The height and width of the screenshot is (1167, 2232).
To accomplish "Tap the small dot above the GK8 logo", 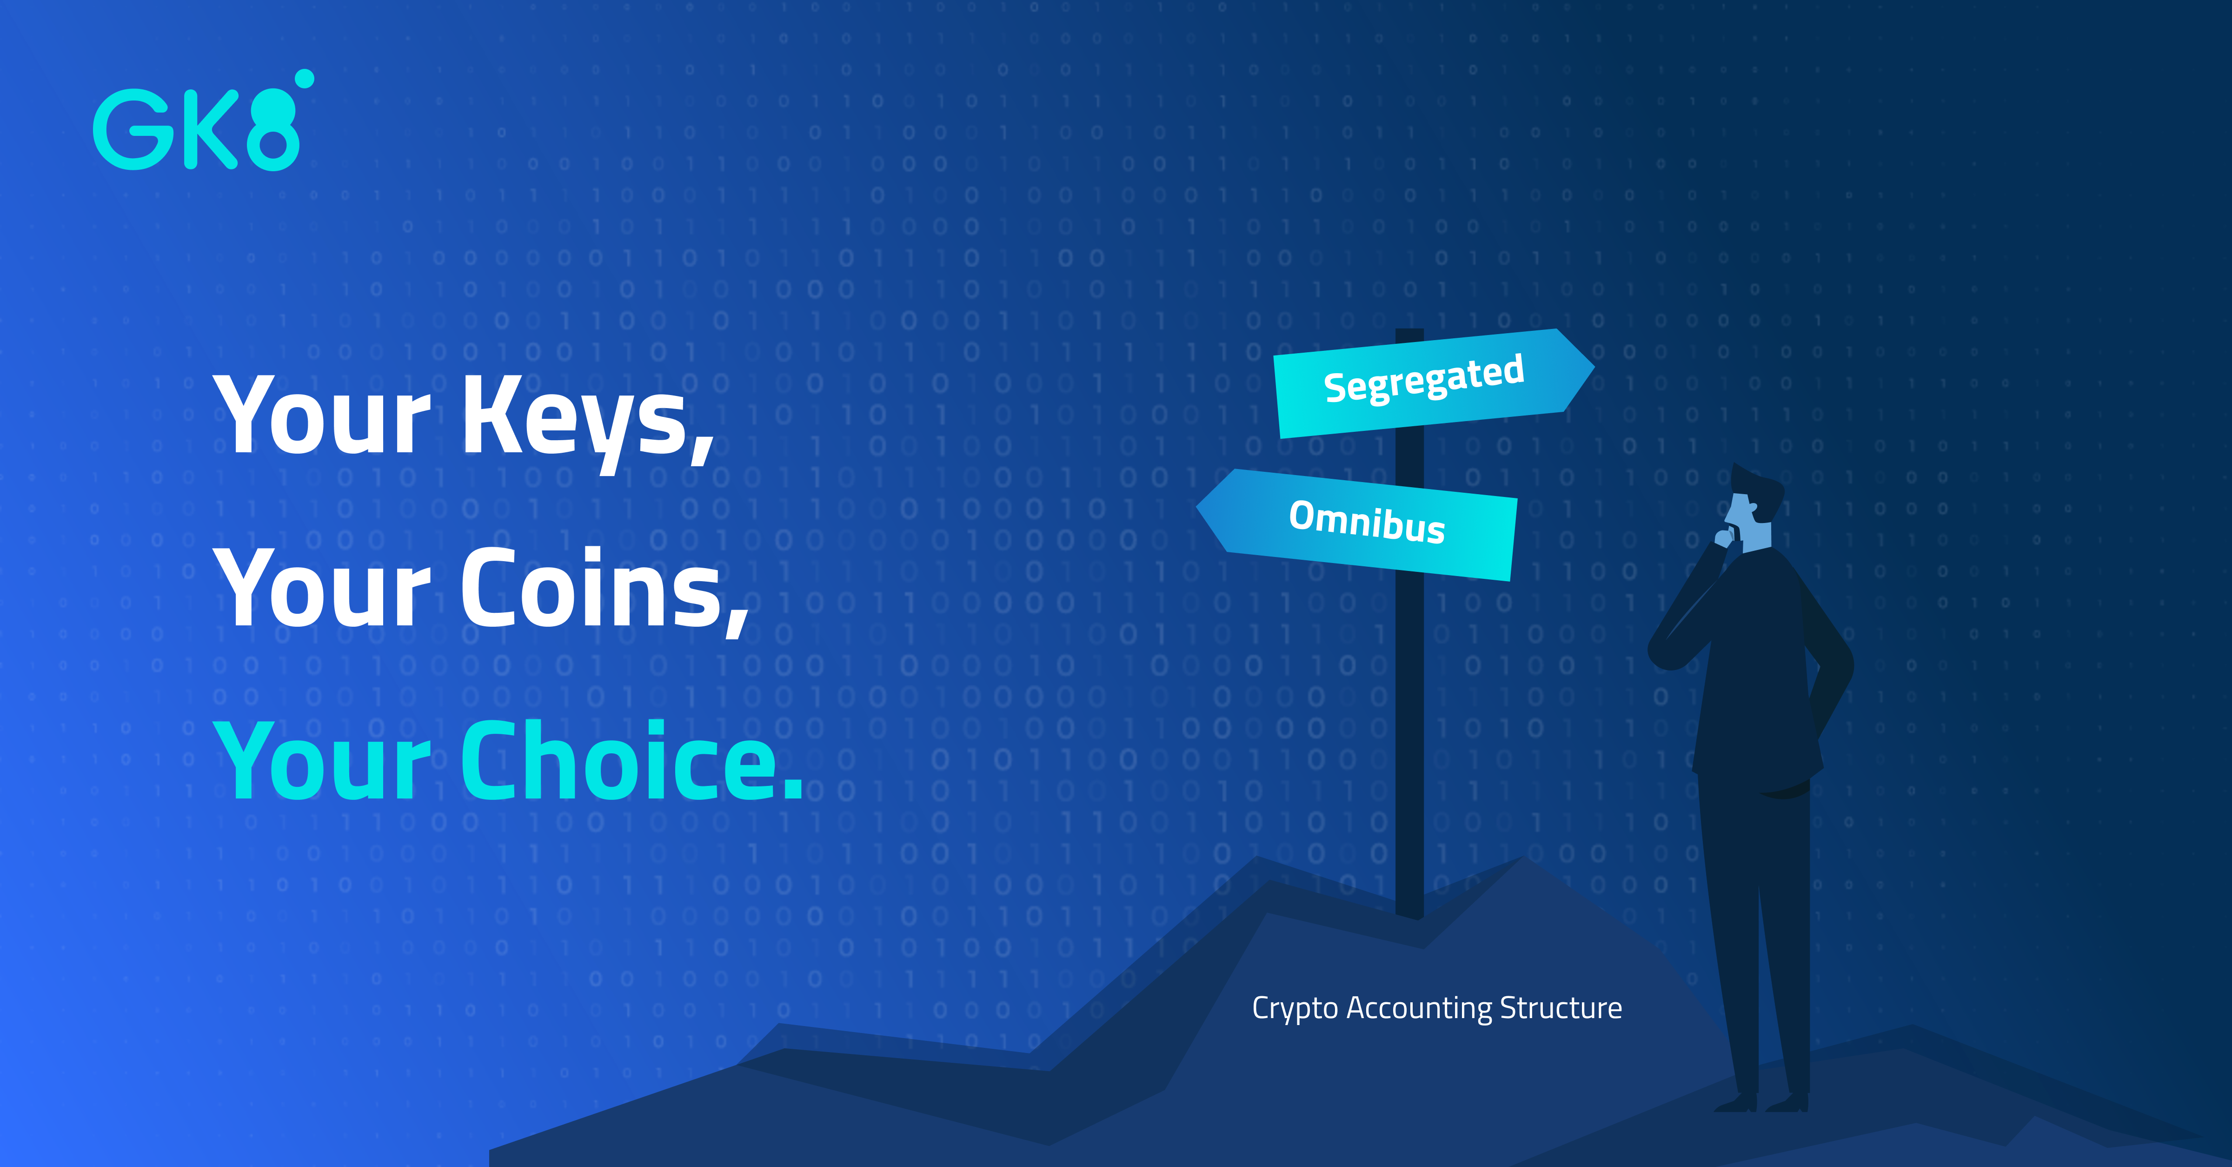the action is tap(304, 79).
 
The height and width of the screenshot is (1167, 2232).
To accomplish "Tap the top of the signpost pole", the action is tap(1410, 332).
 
